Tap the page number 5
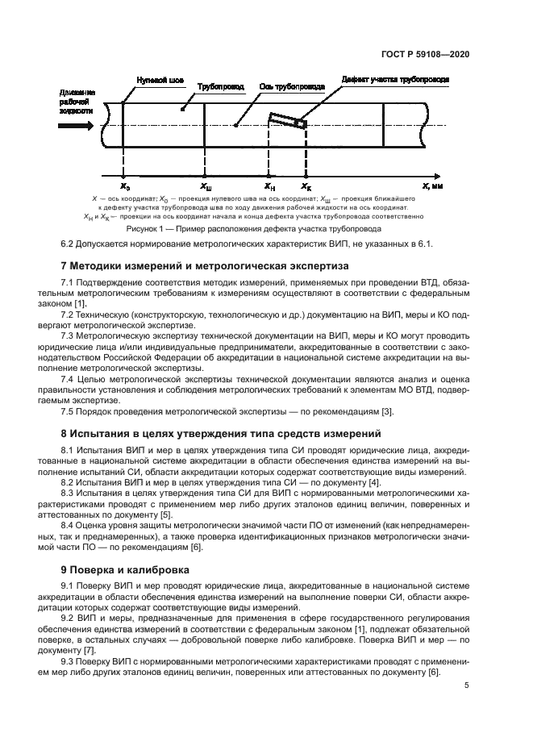pyautogui.click(x=467, y=686)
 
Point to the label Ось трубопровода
pyautogui.click(x=291, y=85)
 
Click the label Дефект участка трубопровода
pyautogui.click(x=394, y=81)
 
